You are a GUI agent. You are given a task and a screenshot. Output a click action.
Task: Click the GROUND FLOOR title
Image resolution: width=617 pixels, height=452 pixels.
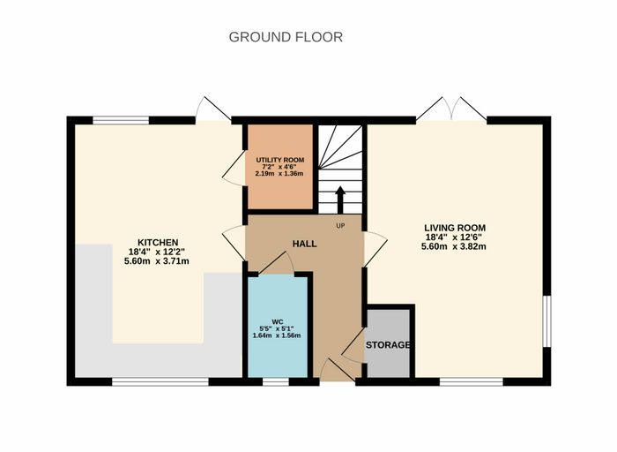point(286,37)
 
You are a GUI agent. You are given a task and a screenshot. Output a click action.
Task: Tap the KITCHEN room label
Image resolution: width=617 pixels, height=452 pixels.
point(158,243)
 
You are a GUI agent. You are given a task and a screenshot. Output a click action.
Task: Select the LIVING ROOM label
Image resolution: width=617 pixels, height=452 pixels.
point(455,228)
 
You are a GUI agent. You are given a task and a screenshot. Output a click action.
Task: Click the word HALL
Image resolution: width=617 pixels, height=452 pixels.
point(305,244)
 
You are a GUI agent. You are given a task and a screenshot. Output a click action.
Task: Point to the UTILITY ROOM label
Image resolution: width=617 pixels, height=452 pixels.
point(280,160)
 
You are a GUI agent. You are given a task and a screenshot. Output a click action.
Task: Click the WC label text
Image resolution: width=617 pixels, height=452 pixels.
point(278,321)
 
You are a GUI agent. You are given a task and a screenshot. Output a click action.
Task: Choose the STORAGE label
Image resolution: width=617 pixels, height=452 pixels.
point(388,345)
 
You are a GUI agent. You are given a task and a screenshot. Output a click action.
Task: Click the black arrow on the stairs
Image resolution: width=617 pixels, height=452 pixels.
point(340,200)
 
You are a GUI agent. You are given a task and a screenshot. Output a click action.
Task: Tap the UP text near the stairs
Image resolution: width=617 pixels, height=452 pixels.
point(340,226)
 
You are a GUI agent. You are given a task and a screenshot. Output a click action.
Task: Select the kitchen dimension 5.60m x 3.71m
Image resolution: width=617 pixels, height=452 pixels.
point(157,261)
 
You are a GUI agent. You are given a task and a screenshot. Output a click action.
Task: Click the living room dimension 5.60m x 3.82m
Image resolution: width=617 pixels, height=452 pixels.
point(454,246)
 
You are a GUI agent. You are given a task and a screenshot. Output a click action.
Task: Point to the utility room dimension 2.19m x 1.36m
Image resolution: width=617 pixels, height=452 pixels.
point(279,173)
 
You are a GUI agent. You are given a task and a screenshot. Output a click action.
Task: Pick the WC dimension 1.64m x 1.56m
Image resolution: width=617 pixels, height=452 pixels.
point(277,335)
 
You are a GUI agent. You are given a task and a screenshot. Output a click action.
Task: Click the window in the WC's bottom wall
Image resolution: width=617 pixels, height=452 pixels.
point(276,381)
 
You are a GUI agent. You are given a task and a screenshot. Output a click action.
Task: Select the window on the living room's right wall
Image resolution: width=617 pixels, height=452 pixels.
point(547,321)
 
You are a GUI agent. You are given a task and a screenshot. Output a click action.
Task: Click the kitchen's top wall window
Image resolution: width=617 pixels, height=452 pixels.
point(121,120)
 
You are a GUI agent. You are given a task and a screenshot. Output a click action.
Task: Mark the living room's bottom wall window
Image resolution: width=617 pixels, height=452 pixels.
point(472,381)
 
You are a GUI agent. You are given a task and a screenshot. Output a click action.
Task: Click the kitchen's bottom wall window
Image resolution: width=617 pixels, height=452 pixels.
point(160,381)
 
